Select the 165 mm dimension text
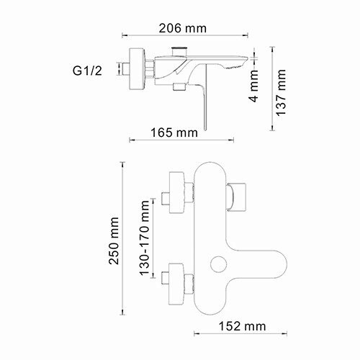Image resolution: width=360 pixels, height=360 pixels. tap(176, 132)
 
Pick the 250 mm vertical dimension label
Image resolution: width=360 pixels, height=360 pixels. tap(114, 240)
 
